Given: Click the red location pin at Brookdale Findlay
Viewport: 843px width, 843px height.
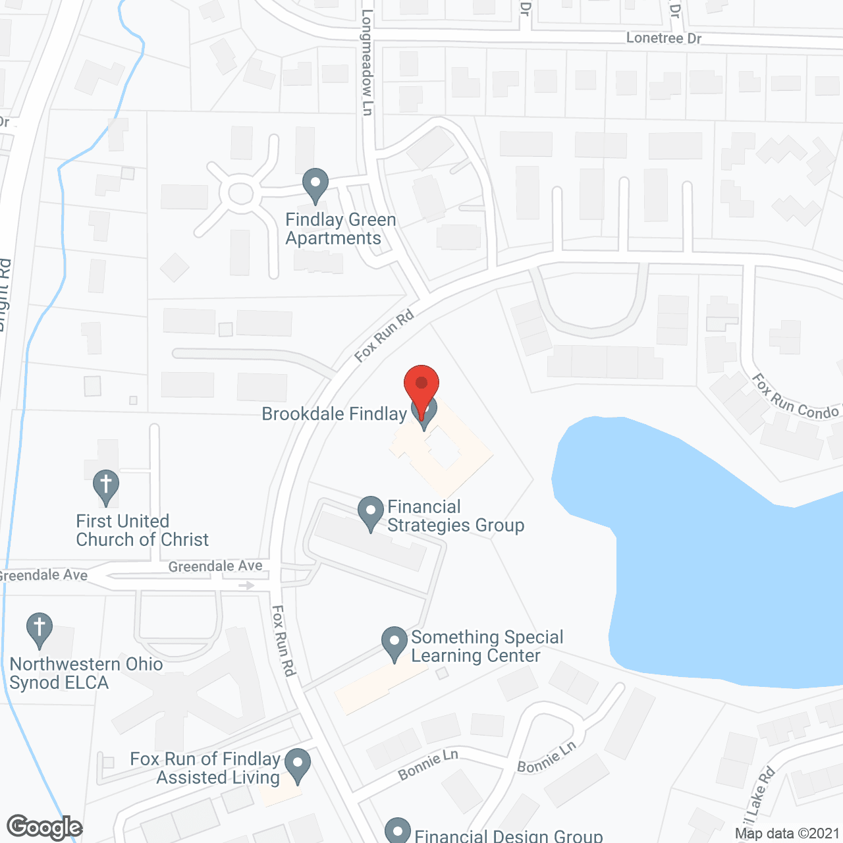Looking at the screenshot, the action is tap(421, 385).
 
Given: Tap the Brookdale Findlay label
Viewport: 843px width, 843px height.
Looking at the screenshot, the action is tap(334, 414).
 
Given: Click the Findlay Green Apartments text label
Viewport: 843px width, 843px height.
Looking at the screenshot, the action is tap(340, 229).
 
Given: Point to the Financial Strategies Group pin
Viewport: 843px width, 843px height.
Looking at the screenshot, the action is tap(371, 512).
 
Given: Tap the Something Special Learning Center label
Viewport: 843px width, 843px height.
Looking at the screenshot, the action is tap(487, 646).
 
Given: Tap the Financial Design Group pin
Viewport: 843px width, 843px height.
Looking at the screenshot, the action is tap(397, 831).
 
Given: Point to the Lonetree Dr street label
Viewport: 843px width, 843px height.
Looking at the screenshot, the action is tap(664, 38).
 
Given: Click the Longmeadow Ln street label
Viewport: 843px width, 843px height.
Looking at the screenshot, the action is tap(367, 63).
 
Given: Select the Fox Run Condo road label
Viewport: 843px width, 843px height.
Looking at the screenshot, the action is tap(795, 399).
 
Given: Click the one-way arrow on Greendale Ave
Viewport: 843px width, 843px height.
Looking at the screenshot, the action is tap(246, 585).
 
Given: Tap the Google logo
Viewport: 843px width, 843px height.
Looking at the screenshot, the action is tap(45, 827).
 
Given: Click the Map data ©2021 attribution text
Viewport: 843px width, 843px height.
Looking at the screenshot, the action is tap(787, 834).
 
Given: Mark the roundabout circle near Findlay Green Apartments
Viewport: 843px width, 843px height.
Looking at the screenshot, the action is tap(240, 194).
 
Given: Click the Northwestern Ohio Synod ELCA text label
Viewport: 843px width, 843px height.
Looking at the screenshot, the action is tap(86, 673).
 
